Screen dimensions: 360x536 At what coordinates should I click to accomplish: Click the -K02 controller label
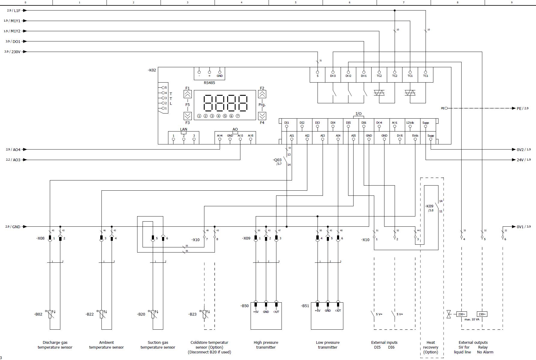coord(152,70)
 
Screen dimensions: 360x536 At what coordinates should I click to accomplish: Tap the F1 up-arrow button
coord(188,94)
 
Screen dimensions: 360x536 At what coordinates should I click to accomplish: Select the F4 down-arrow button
coord(262,116)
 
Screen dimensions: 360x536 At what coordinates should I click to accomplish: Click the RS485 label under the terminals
coord(209,83)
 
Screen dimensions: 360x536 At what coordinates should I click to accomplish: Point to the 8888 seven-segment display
coord(225,103)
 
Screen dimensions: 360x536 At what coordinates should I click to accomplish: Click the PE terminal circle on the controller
coord(446,108)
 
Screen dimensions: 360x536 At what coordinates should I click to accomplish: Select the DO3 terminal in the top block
coord(333,72)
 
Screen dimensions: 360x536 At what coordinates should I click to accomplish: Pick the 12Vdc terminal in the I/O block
coord(410,126)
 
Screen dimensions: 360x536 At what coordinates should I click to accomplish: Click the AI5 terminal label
coord(354,136)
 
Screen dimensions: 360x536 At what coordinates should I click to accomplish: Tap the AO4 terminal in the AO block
coord(220,139)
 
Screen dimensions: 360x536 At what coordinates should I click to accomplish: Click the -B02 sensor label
coord(38,314)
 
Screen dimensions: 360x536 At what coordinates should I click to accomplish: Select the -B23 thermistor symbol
coord(205,314)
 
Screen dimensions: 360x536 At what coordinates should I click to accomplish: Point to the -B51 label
coord(305,306)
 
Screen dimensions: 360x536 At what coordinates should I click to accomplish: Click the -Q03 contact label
coord(277,160)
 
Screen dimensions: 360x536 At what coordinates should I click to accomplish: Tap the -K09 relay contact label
coord(429,206)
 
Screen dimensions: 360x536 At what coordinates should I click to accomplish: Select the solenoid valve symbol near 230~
coord(449,314)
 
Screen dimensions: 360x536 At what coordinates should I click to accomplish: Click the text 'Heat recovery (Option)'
coord(431,347)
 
